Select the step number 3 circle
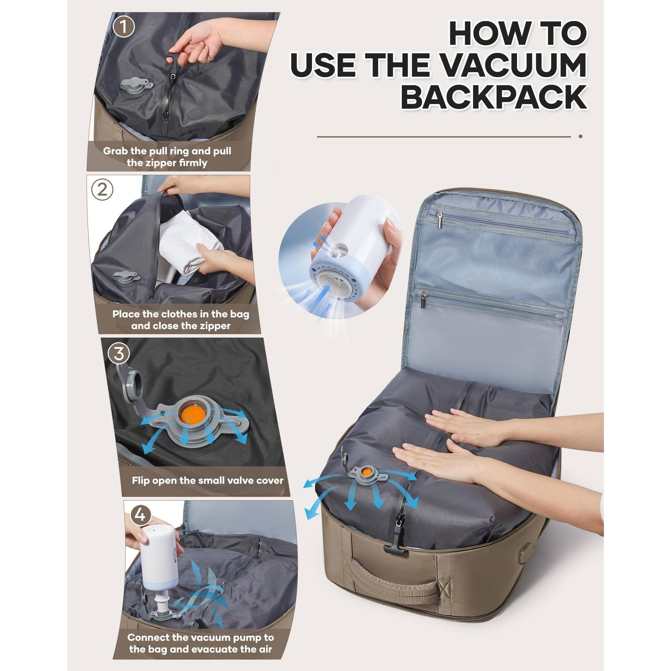click(x=118, y=354)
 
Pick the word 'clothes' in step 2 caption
click(x=184, y=314)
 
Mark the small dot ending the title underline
click(x=580, y=137)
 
